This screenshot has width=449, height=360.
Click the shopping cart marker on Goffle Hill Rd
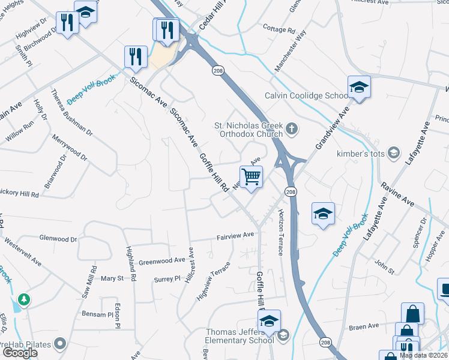(252, 177)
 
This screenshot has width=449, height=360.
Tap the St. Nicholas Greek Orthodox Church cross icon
(291, 127)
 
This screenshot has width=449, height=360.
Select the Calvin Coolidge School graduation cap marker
(358, 88)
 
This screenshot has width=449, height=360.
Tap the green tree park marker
(24, 298)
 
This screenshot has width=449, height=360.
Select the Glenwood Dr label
(58, 239)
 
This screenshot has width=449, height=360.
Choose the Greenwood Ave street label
(162, 261)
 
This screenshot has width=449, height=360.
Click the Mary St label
(112, 278)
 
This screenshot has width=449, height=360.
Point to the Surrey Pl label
(167, 279)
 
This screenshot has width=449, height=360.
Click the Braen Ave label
(365, 326)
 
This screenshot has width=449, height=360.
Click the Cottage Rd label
(280, 29)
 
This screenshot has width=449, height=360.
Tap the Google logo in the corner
(20, 353)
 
